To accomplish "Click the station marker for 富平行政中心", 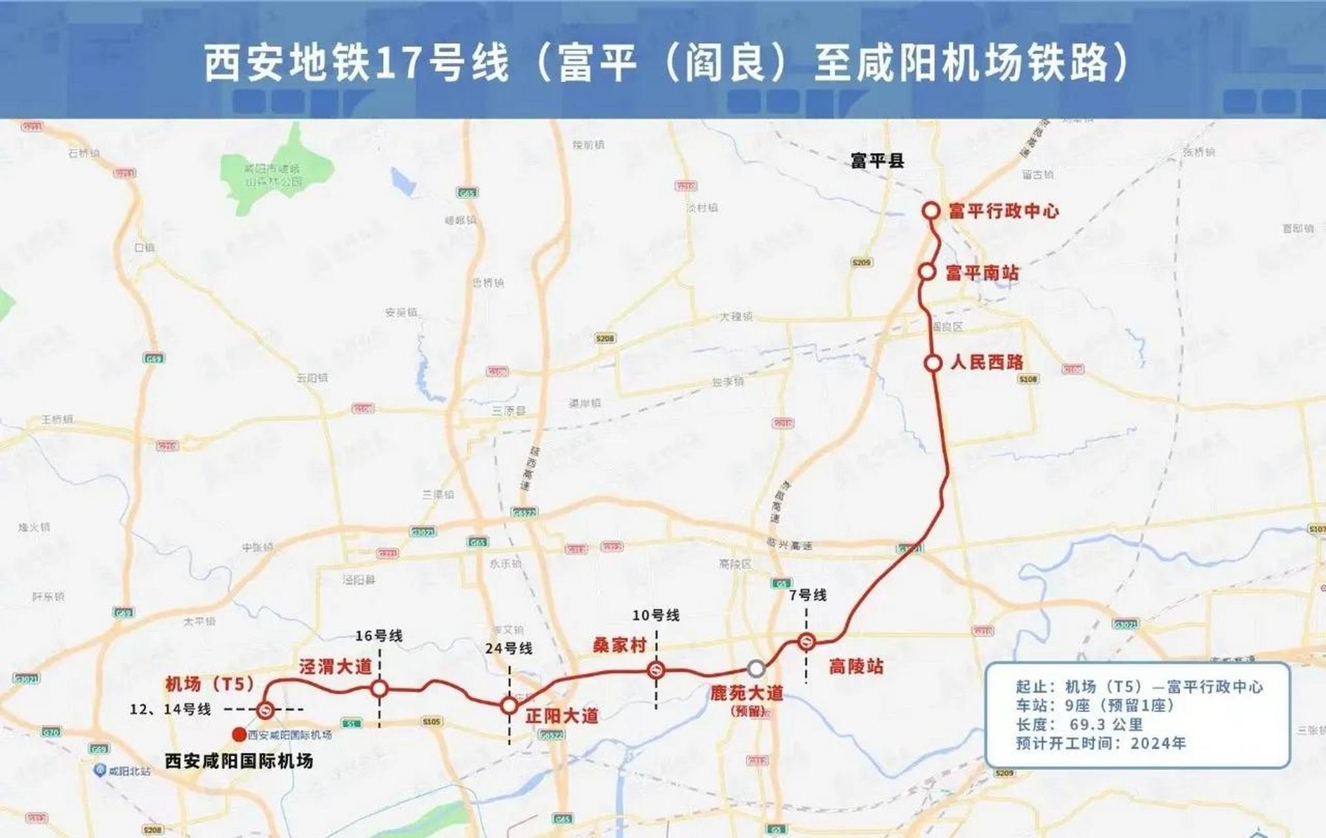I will pyautogui.click(x=931, y=211).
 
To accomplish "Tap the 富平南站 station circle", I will pyautogui.click(x=927, y=272).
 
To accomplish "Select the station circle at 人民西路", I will pyautogui.click(x=933, y=363).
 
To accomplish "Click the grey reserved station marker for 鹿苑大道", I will pyautogui.click(x=756, y=668).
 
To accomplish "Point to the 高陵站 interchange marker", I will pyautogui.click(x=806, y=642).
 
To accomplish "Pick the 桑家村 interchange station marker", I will pyautogui.click(x=656, y=670).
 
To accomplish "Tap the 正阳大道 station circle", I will pyautogui.click(x=509, y=706).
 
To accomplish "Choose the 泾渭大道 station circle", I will pyautogui.click(x=380, y=688).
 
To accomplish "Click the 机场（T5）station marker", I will pyautogui.click(x=265, y=710).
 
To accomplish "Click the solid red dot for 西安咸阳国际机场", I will pyautogui.click(x=239, y=735).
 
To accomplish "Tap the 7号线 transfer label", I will pyautogui.click(x=807, y=595).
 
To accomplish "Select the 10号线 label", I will pyautogui.click(x=655, y=615).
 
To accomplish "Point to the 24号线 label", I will pyautogui.click(x=509, y=648).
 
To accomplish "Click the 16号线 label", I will pyautogui.click(x=379, y=636).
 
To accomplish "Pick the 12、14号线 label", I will pyautogui.click(x=170, y=710).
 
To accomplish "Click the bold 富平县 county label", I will pyautogui.click(x=877, y=160).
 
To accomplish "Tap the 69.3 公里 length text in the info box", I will pyautogui.click(x=1106, y=725).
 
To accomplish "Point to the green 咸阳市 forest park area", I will pyautogui.click(x=275, y=173).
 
